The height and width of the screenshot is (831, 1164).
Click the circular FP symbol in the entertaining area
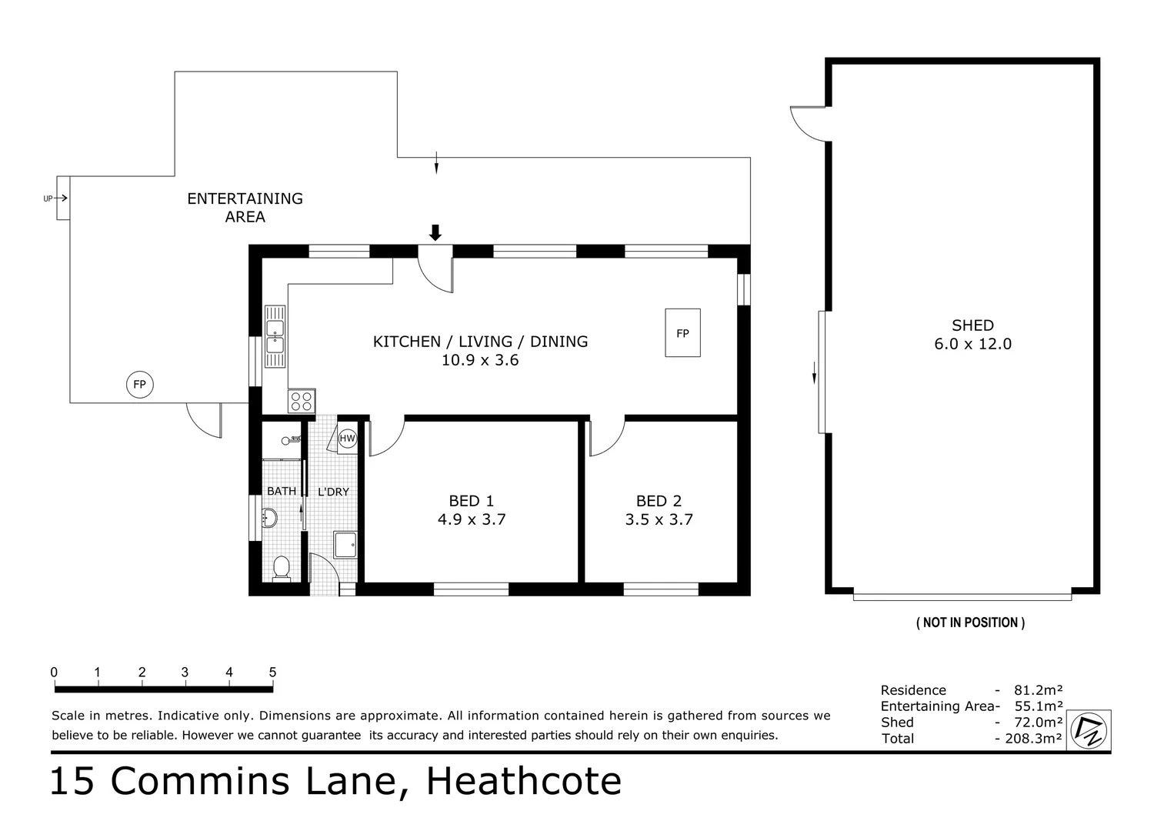click(139, 384)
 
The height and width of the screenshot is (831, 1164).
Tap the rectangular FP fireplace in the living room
click(682, 332)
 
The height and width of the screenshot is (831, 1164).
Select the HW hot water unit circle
click(347, 439)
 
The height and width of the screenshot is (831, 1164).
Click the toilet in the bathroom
click(282, 568)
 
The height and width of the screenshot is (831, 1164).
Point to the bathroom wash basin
click(268, 518)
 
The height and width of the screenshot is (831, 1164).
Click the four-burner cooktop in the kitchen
click(301, 401)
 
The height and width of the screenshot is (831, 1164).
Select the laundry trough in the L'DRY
click(345, 545)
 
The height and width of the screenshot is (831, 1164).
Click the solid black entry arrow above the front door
click(435, 232)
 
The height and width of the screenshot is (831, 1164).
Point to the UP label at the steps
click(48, 199)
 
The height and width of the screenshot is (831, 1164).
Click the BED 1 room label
click(471, 501)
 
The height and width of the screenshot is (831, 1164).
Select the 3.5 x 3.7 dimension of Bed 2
click(659, 519)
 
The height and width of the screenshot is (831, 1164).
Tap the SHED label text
click(972, 325)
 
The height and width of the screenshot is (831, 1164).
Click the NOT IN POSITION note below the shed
click(969, 622)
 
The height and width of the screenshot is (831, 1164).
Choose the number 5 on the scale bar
click(272, 672)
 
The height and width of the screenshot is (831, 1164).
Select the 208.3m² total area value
click(1029, 739)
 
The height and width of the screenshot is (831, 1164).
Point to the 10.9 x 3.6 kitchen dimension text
click(480, 360)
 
